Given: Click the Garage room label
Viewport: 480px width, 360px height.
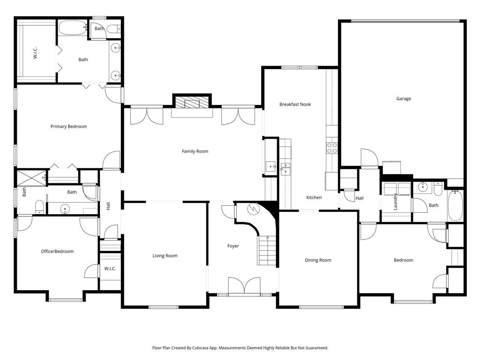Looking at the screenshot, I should tap(403, 99).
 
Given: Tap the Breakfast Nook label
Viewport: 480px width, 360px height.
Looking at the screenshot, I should tap(295, 105).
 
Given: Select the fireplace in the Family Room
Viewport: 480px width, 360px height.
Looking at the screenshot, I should tap(192, 104).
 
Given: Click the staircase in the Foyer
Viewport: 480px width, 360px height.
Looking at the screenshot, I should tap(267, 251).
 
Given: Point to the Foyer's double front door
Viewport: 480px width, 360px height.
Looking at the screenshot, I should tap(244, 285).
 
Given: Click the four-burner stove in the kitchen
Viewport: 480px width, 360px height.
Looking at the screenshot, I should tap(332, 148).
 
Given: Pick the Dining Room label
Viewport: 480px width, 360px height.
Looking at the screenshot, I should tap(318, 260).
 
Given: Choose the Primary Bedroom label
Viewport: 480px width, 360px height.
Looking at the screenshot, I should tap(68, 127).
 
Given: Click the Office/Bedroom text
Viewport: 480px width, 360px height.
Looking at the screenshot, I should tap(57, 251).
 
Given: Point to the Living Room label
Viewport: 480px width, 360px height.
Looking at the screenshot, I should tap(165, 256).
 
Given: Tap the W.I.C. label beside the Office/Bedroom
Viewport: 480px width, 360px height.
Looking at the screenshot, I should tap(110, 269).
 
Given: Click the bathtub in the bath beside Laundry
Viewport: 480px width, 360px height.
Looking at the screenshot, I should tap(455, 205).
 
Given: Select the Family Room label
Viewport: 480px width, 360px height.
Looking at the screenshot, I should tap(195, 151).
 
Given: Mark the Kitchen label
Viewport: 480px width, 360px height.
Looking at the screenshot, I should tap(314, 198).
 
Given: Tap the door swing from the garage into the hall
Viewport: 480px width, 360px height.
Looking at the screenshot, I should tap(369, 158).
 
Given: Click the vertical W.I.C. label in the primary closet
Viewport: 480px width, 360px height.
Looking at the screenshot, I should tap(35, 53).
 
